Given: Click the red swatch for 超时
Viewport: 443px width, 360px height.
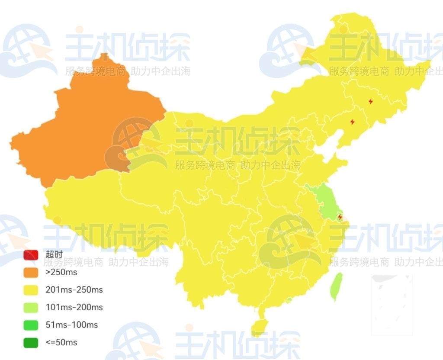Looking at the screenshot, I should [31, 255].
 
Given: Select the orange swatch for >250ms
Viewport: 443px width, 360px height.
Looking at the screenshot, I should [31, 273].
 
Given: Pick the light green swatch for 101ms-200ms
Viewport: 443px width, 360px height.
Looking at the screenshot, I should [31, 308].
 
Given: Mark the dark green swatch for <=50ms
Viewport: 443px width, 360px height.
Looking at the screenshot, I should [31, 343].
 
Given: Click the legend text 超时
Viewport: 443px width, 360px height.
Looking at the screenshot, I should [54, 255].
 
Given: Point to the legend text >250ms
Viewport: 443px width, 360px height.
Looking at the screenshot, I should [61, 273].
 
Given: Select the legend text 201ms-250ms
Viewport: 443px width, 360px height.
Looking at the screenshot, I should [74, 290].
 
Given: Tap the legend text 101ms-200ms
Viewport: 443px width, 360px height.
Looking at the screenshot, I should [74, 308].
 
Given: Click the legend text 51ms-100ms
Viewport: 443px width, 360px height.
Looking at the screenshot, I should [71, 325].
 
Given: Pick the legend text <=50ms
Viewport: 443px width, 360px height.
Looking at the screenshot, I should [61, 343].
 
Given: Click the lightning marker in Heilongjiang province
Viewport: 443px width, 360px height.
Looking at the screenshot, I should [371, 101].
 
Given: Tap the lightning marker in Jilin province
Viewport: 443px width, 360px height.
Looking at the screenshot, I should [352, 122].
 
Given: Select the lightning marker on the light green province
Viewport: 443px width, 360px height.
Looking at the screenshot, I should [340, 216].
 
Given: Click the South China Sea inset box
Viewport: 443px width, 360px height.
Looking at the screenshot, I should [392, 305].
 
